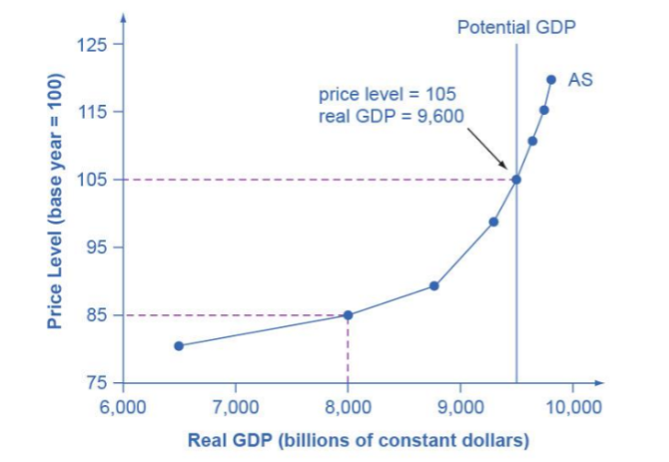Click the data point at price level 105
point(516,180)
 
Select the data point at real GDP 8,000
point(347,315)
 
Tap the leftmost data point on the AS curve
point(179,346)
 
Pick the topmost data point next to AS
point(551,80)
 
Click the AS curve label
point(580,79)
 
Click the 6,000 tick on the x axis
point(122,407)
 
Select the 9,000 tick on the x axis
point(459,407)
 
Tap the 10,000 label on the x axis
point(572,407)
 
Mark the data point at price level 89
point(434,286)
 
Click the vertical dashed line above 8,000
point(347,349)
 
